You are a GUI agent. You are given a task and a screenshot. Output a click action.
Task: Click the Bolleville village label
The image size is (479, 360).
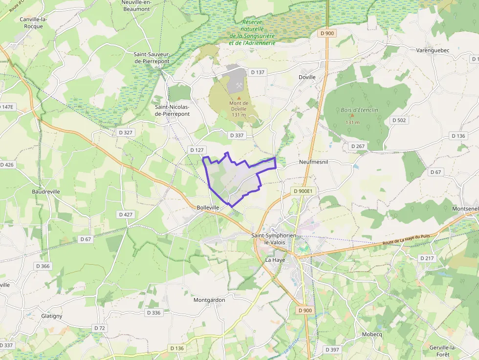click(x=207, y=207)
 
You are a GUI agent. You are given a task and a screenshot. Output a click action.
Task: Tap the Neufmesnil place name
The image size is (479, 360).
click(x=313, y=161)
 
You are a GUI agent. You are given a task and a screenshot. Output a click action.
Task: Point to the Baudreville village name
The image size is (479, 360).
click(x=46, y=191)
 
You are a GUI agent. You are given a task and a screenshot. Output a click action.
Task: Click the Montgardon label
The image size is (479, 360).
click(x=209, y=300)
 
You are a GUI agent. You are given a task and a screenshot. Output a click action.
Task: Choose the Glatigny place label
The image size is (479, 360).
click(x=52, y=316)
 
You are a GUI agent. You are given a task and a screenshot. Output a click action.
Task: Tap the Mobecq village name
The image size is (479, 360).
click(x=371, y=335)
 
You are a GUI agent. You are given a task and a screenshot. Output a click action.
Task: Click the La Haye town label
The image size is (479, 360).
click(x=275, y=260)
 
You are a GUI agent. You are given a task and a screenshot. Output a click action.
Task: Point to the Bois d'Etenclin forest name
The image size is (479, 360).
click(x=360, y=110)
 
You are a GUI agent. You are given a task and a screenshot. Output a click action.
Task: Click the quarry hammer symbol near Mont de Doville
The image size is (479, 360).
click(x=239, y=86)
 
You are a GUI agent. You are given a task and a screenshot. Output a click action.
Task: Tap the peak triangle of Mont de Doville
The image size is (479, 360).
click(x=239, y=98)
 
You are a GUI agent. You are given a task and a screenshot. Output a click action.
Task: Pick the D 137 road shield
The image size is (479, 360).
click(x=257, y=72)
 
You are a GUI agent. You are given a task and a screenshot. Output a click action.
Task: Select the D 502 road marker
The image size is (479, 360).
click(x=399, y=120)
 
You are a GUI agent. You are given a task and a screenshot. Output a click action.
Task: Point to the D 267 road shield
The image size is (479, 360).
click(x=358, y=146)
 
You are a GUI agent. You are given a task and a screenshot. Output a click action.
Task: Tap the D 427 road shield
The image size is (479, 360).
click(x=126, y=214)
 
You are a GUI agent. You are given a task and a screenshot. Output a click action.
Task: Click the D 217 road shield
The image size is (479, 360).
click(x=427, y=258)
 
